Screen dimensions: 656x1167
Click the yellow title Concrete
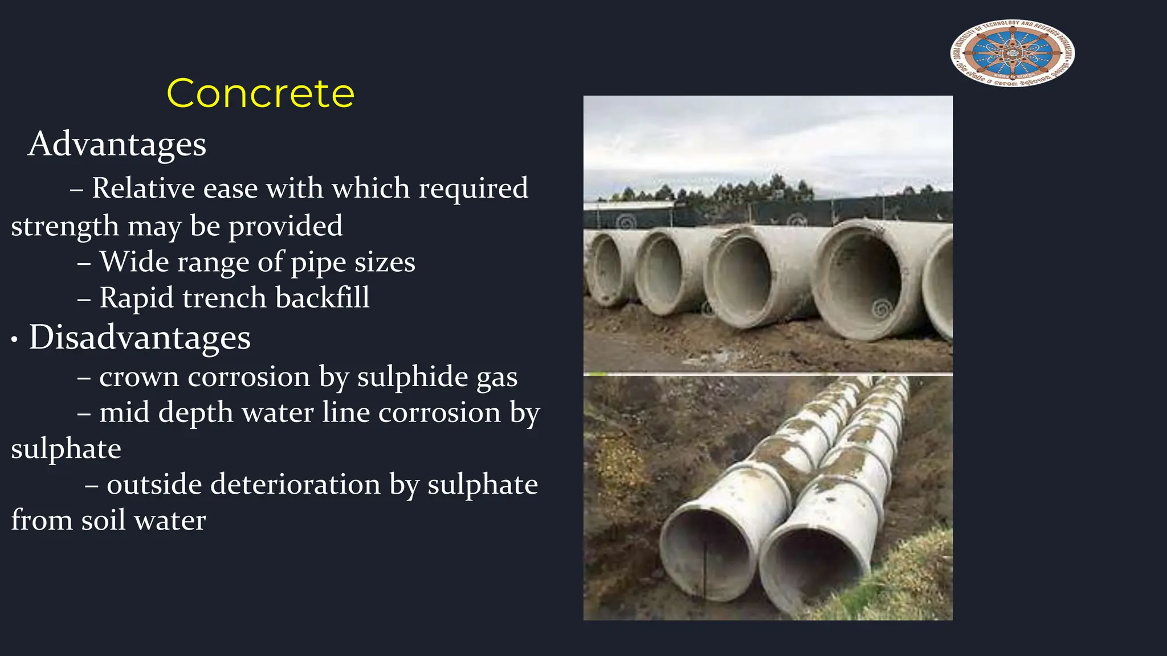click(x=260, y=93)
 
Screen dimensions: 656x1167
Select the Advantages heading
click(x=117, y=143)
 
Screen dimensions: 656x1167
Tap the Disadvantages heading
click(x=140, y=337)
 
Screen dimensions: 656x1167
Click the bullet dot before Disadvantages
click(x=15, y=340)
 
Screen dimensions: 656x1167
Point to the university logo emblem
click(x=1013, y=53)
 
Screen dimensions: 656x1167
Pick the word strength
click(x=65, y=227)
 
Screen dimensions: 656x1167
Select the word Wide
click(x=134, y=262)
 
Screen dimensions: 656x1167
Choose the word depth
click(x=195, y=413)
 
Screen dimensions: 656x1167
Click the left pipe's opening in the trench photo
click(x=706, y=552)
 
